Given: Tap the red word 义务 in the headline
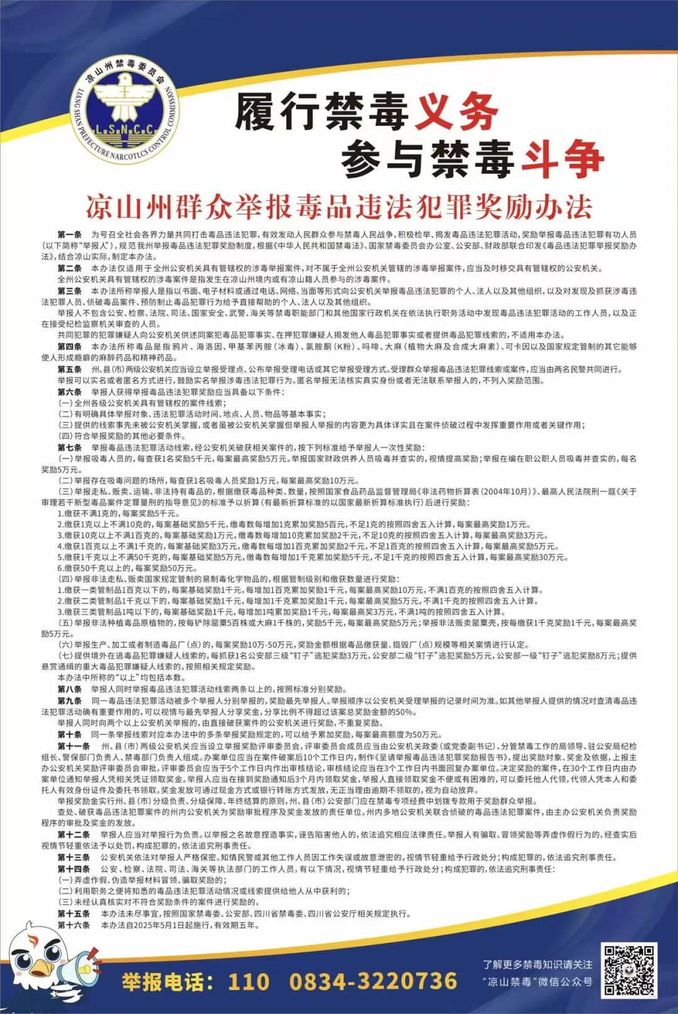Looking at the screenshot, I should [457, 112].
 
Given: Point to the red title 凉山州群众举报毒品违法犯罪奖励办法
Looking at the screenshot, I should [339, 207].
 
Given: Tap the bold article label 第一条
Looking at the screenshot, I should [70, 234].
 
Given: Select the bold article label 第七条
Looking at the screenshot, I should [70, 448].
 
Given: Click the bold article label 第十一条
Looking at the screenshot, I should [73, 746].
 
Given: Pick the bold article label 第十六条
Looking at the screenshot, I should [73, 925].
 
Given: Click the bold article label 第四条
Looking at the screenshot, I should [70, 347].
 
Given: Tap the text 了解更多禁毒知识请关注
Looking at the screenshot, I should [537, 964].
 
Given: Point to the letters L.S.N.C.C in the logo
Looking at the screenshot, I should [124, 130].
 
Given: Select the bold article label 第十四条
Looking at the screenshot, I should [73, 869].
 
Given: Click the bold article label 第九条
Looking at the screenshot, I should [70, 701].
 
